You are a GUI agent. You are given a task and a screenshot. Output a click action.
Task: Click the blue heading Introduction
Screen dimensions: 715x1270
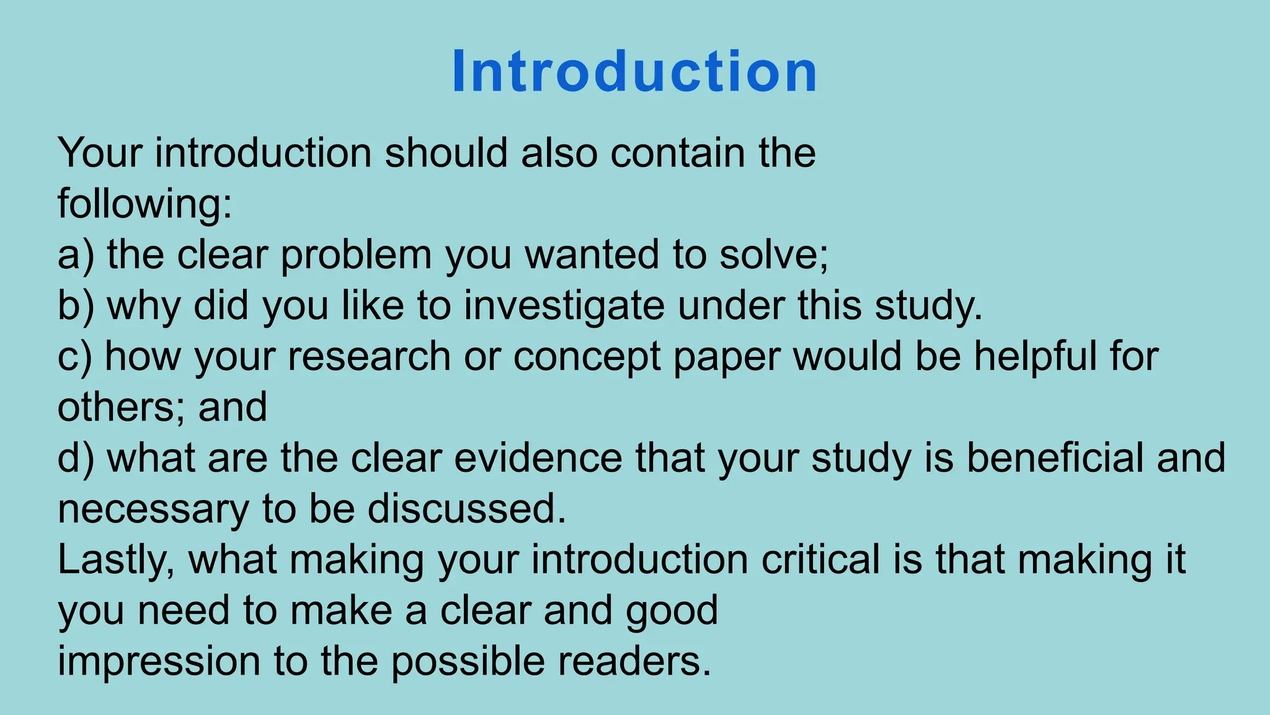point(634,72)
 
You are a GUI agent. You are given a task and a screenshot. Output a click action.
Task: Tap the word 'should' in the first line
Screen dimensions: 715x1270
point(446,153)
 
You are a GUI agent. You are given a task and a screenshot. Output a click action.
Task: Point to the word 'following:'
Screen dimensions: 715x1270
point(144,205)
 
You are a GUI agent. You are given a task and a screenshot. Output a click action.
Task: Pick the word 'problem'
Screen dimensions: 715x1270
point(356,256)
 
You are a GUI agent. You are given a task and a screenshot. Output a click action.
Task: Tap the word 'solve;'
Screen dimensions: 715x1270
point(773,254)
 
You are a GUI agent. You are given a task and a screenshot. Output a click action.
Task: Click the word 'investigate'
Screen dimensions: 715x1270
point(564,307)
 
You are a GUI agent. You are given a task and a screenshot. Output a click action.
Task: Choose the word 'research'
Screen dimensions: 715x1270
point(369,357)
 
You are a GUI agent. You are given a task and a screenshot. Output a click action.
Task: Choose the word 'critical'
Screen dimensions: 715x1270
point(820,560)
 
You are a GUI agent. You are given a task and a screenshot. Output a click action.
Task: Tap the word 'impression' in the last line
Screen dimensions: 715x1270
point(159,662)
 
